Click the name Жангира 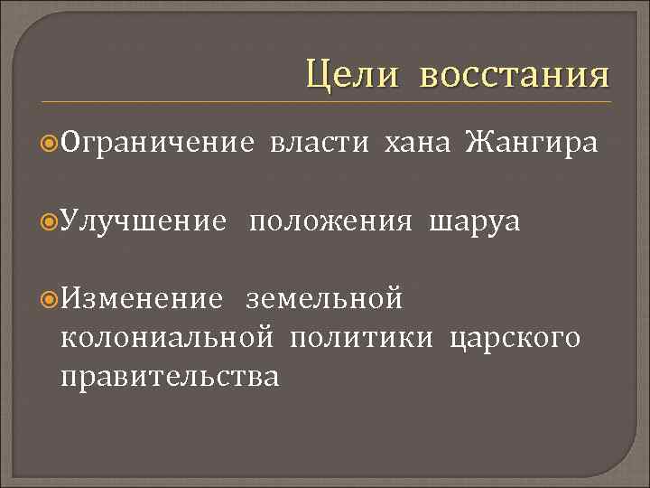click(531, 142)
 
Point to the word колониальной click(167, 337)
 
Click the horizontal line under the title click(325, 100)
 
